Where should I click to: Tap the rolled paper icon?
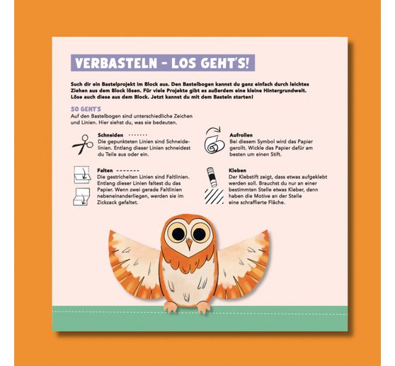pyautogui.click(x=213, y=143)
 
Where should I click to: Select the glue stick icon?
pyautogui.click(x=212, y=173)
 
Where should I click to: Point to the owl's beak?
pyautogui.click(x=188, y=245)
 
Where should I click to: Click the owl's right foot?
pyautogui.click(x=202, y=307)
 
